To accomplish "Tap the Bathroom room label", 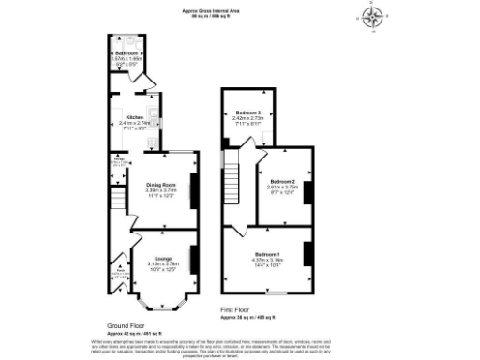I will [127, 54].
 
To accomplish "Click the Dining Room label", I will [158, 185].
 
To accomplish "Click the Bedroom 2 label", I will [282, 180].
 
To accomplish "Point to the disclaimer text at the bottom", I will [240, 348].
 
